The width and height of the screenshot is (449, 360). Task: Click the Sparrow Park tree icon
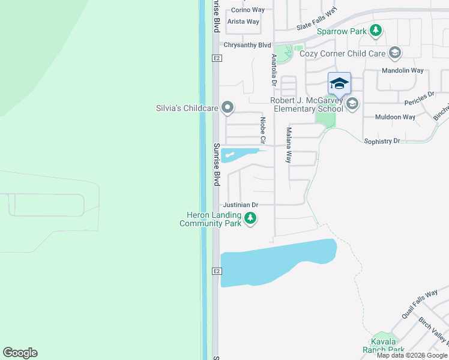point(376,31)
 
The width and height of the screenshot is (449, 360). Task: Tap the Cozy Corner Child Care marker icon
point(395,53)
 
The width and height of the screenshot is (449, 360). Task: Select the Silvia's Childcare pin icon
point(228,108)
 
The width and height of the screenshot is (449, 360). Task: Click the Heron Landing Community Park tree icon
point(250,219)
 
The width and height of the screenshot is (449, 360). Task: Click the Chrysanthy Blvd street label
point(247,45)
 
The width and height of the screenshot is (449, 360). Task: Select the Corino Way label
point(248,10)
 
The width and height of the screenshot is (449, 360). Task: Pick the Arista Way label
point(243,22)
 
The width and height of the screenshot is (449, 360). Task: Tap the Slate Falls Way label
point(317,20)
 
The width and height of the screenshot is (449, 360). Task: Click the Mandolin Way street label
point(403,70)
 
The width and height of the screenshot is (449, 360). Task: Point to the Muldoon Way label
point(395,117)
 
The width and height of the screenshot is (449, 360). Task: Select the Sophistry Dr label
point(382,141)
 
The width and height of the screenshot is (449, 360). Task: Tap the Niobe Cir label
point(262,130)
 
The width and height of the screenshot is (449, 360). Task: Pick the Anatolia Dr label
point(274,70)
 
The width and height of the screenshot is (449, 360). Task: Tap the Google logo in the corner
point(20,353)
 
